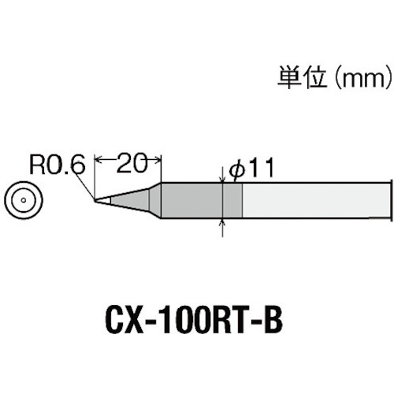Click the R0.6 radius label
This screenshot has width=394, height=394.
[58, 165]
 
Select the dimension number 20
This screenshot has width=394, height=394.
[131, 162]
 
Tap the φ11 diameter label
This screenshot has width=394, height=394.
[251, 168]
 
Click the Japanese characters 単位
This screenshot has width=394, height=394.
[302, 77]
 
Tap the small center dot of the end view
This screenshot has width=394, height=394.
[24, 200]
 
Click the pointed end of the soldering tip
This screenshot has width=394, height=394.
[95, 200]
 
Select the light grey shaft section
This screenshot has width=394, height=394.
[316, 200]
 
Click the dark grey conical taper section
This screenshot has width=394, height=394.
[130, 200]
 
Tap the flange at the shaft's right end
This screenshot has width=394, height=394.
[392, 200]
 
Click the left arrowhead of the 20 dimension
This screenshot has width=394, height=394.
[98, 160]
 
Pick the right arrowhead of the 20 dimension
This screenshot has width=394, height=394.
[158, 160]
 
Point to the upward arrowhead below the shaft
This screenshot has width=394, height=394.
[223, 221]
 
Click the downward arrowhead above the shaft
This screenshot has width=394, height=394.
[223, 178]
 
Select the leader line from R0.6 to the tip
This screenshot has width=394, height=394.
[85, 186]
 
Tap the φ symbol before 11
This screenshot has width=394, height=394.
[236, 170]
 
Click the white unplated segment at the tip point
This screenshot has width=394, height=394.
[104, 200]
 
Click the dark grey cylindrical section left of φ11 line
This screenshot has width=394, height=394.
[191, 200]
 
